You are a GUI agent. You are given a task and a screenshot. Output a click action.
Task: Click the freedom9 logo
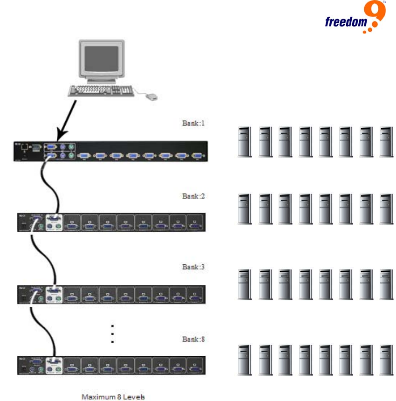point(355,19)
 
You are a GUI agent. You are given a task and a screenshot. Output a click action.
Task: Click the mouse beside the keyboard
point(151,97)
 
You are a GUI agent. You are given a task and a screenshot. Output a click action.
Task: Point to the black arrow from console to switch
point(66,118)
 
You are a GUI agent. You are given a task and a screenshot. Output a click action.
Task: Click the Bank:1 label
point(193,124)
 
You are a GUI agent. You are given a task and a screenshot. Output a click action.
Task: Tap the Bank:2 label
point(193,196)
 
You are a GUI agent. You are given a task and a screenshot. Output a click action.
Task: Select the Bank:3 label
point(193,267)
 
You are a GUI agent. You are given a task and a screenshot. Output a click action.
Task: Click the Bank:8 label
point(193,339)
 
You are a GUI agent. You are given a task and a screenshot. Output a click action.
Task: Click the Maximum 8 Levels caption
point(113,397)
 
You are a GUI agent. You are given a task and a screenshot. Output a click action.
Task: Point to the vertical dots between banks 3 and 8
point(112,334)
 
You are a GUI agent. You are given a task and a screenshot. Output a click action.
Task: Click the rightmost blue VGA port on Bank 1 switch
point(197,156)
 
